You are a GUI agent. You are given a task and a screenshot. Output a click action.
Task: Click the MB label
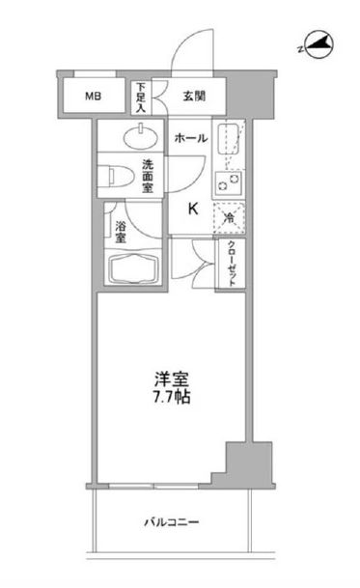click(x=92, y=96)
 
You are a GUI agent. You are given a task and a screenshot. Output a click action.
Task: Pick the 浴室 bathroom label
click(x=121, y=232)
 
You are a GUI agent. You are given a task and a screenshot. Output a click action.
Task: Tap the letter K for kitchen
click(x=192, y=208)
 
